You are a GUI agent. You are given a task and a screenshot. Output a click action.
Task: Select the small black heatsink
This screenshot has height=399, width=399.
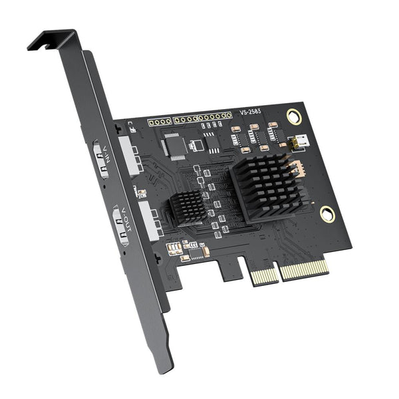point(188,206)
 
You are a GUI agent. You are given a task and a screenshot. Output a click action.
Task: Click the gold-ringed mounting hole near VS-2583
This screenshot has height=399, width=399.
point(293,116)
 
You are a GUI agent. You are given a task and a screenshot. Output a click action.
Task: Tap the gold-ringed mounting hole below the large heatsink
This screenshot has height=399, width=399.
point(326,213)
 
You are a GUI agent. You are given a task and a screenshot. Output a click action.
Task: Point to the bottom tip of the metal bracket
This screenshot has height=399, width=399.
point(163,364)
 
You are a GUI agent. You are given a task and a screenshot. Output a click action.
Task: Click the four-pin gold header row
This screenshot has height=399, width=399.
point(160,122)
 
